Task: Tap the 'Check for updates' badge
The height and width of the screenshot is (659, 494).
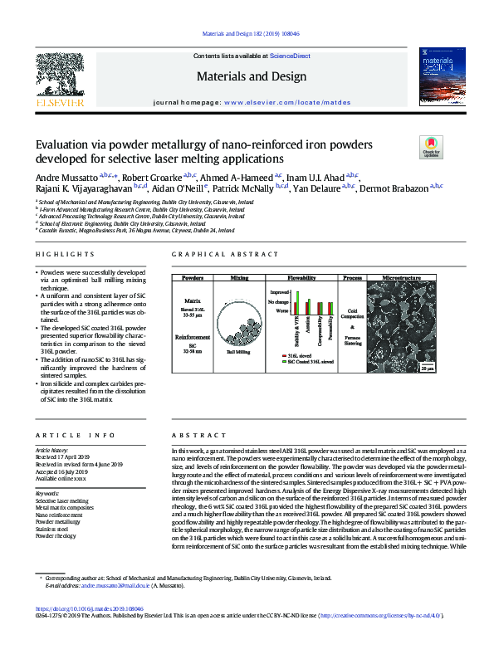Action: tap(432, 147)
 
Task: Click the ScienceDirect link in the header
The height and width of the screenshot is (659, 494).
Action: tap(291, 56)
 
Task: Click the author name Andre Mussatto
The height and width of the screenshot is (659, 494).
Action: tap(66, 177)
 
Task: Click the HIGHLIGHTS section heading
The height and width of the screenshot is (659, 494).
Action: tap(60, 253)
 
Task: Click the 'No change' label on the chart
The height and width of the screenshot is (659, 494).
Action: tap(279, 303)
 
